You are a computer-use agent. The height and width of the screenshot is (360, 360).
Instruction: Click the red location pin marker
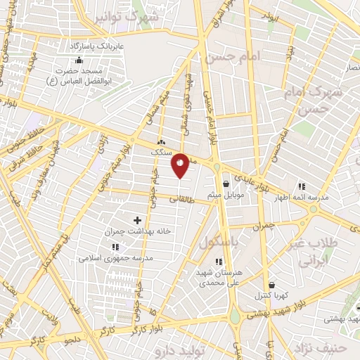tap(180, 165)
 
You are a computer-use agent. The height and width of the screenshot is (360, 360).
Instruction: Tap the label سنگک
tap(160, 151)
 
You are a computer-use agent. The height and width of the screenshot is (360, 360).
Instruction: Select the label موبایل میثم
tap(226, 194)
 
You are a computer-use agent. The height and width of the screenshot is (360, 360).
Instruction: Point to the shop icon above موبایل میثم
tap(225, 184)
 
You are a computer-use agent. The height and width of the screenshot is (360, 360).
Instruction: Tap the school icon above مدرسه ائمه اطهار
tap(302, 187)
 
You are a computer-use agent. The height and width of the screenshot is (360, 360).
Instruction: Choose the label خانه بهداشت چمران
tap(138, 230)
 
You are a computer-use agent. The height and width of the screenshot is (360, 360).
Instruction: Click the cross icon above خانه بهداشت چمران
tap(137, 220)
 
